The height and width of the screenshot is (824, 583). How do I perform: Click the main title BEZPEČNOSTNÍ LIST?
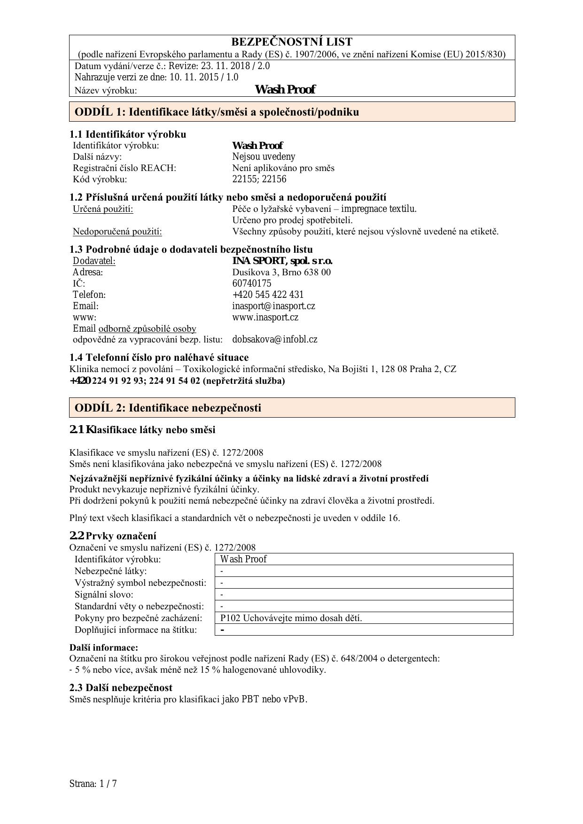(292, 42)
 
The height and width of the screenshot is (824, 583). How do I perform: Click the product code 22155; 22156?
(259, 179)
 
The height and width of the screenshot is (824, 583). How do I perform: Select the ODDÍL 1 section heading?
(217, 112)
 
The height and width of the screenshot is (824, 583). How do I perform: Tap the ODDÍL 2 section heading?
(168, 408)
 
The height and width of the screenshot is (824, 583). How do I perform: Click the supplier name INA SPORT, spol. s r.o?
(282, 261)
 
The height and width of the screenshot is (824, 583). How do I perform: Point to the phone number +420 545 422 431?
(268, 295)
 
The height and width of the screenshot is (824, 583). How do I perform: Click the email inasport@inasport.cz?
(273, 306)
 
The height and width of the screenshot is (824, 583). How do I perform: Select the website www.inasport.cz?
(265, 317)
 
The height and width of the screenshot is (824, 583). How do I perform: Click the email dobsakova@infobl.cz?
(274, 339)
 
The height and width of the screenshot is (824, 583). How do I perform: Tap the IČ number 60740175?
(251, 283)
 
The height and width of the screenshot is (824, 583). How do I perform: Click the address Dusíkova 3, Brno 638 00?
(281, 272)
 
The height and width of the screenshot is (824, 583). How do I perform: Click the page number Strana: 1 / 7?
(93, 784)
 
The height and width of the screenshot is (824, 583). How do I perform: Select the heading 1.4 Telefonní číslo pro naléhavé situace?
(159, 358)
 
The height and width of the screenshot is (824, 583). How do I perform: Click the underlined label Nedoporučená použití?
(117, 231)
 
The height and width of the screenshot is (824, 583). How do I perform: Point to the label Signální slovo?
(104, 594)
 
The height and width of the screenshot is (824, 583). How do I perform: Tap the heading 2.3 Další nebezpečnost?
(121, 688)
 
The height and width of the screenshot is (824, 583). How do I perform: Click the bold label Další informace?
(104, 647)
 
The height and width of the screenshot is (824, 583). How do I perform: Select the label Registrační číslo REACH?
(124, 168)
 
